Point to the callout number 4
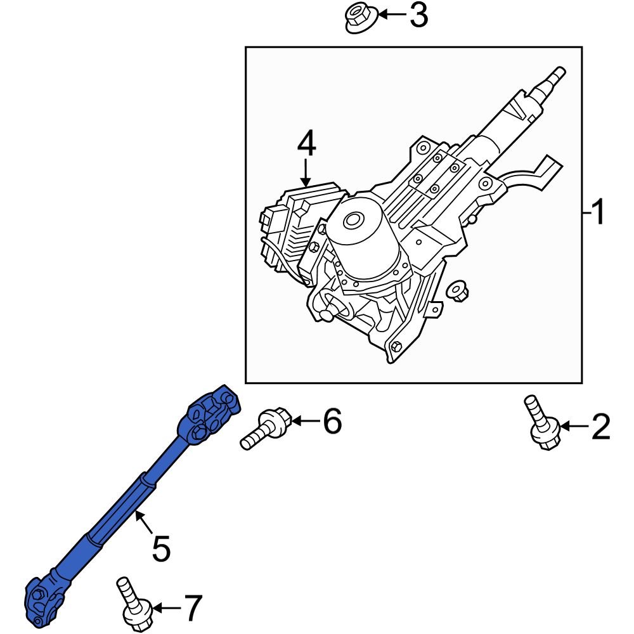(306, 145)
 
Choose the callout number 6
(332, 421)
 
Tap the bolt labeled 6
(267, 429)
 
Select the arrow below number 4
(306, 172)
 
